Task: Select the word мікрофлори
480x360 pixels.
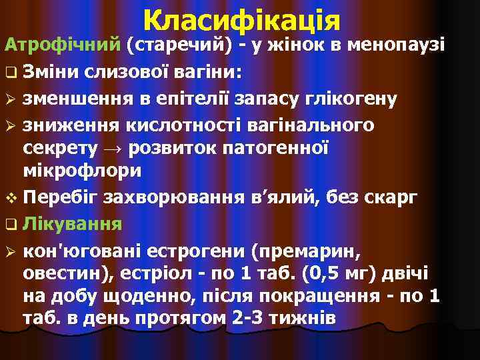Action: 82,171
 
